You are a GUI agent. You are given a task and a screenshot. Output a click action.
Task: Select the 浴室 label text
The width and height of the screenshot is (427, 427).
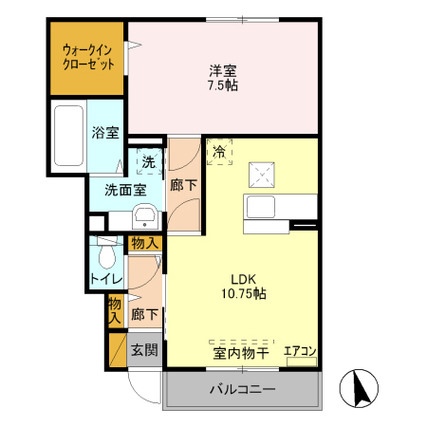(x=105, y=133)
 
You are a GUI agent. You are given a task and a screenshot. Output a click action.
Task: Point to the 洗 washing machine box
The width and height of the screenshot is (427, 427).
(x=148, y=162)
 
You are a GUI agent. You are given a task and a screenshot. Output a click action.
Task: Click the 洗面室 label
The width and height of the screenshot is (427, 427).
(x=124, y=189)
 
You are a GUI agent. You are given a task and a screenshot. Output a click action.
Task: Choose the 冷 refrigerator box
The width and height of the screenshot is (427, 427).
(x=219, y=152)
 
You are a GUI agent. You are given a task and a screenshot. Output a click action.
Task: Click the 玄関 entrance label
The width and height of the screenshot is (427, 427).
(x=144, y=351)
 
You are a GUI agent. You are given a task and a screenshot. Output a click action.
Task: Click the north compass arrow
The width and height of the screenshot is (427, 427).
(x=361, y=385)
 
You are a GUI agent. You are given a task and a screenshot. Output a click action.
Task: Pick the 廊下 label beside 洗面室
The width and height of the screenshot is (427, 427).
(x=184, y=185)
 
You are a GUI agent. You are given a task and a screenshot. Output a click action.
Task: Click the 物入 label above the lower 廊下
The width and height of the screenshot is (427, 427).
(x=144, y=244)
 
